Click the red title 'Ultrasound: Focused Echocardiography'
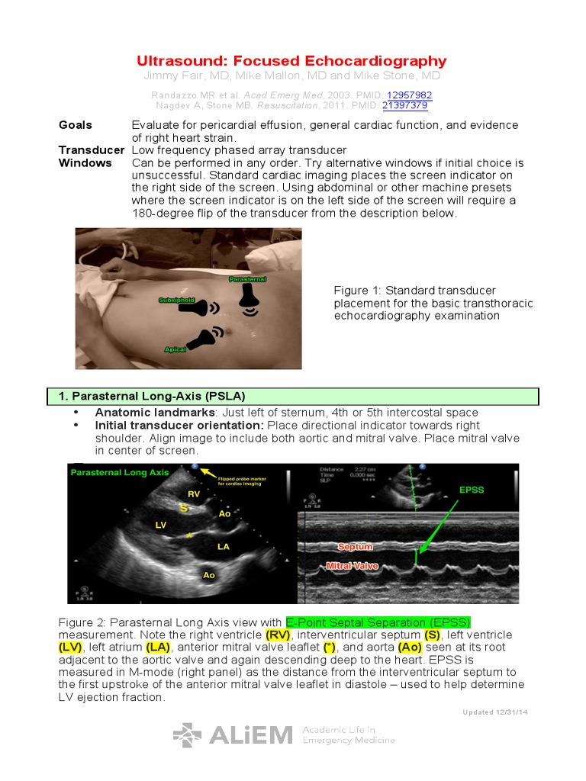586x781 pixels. pyautogui.click(x=291, y=61)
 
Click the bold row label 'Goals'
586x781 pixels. pyautogui.click(x=76, y=125)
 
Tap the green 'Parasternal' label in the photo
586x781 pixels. pyautogui.click(x=248, y=280)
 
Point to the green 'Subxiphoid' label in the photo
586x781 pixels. pyautogui.click(x=176, y=301)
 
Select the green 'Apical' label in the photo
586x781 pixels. pyautogui.click(x=175, y=349)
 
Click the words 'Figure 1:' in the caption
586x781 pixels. pyautogui.click(x=357, y=291)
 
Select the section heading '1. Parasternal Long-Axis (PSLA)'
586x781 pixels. pyautogui.click(x=152, y=396)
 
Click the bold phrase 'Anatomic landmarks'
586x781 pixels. pyautogui.click(x=143, y=413)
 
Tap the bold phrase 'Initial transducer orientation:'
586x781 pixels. pyautogui.click(x=179, y=425)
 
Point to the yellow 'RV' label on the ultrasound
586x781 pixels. pyautogui.click(x=193, y=494)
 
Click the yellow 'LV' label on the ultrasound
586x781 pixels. pyautogui.click(x=161, y=525)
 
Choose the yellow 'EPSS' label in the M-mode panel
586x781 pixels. pyautogui.click(x=471, y=490)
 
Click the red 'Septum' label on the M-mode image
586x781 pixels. pyautogui.click(x=355, y=547)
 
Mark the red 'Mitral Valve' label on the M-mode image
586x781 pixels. pyautogui.click(x=352, y=566)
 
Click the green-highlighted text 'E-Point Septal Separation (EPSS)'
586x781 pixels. pyautogui.click(x=378, y=622)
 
